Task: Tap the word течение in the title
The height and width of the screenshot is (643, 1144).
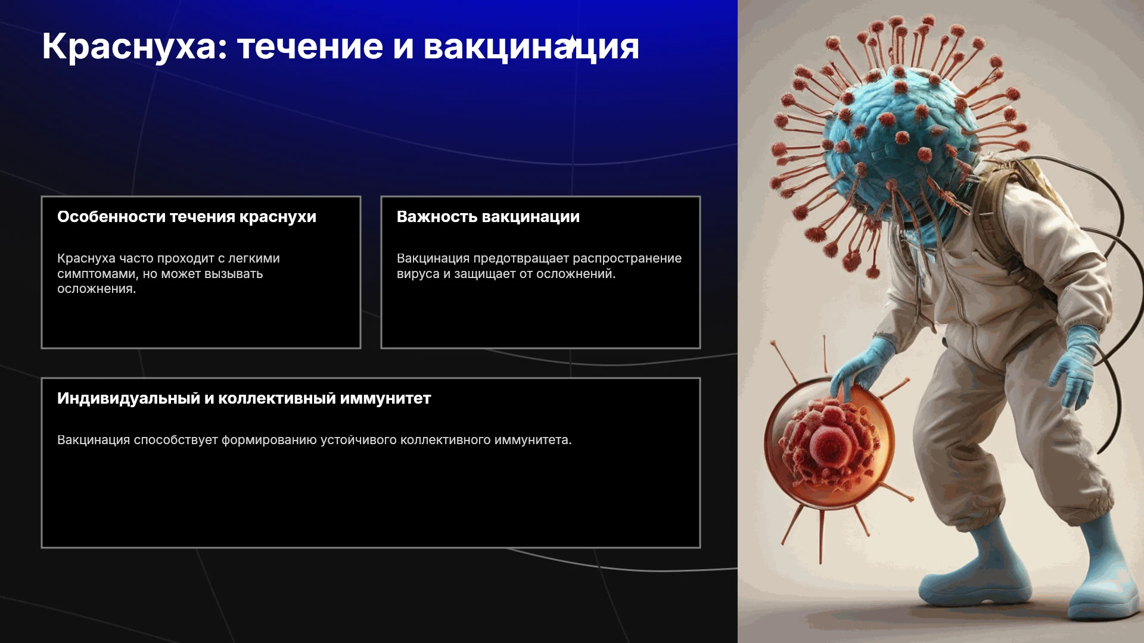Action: point(310,47)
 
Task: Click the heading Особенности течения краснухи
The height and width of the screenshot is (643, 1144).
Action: point(186,217)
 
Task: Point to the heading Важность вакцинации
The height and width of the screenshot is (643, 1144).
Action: point(488,217)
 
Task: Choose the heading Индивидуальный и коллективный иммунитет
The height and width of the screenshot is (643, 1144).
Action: point(244,398)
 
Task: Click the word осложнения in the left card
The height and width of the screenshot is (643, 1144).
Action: point(97,289)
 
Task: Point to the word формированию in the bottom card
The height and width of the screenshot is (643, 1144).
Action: point(269,441)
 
